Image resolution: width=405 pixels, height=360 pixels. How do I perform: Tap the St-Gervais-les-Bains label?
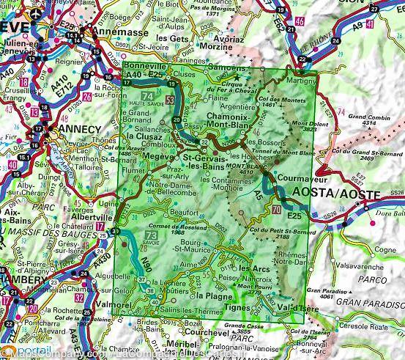click(207, 162)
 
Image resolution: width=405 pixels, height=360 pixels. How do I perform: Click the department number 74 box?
click(147, 97)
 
